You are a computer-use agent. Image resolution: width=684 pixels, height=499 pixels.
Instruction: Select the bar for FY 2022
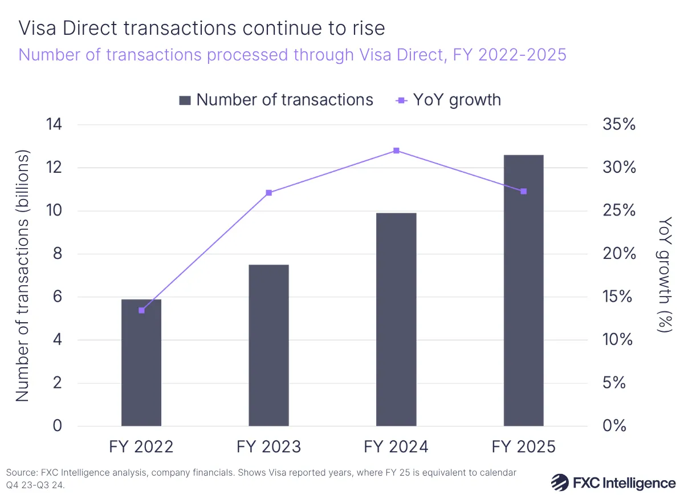point(141,363)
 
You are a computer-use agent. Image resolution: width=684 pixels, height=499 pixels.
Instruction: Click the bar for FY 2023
point(269,345)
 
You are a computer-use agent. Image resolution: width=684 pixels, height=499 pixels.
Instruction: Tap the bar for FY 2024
point(396,319)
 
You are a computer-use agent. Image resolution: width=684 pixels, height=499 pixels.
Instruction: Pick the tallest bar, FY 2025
point(523,290)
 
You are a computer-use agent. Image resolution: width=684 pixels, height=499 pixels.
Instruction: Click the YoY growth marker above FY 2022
point(141,310)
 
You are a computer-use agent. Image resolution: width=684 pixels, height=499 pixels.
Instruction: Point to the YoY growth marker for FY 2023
point(269,193)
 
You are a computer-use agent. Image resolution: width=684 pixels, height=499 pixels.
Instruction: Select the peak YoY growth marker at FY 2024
point(396,151)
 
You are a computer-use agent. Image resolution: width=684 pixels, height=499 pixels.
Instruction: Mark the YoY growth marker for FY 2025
point(523,191)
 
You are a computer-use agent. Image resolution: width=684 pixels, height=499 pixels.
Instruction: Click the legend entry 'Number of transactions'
point(276,100)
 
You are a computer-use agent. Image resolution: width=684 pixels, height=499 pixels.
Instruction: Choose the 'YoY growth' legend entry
point(448,100)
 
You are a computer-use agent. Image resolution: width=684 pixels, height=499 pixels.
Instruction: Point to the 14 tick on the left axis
point(68,125)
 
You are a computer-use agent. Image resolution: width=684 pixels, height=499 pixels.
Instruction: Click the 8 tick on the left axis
point(73,254)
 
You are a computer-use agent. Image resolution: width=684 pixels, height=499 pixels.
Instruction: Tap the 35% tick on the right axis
point(618,125)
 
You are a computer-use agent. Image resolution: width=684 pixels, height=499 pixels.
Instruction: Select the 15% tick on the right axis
point(618,297)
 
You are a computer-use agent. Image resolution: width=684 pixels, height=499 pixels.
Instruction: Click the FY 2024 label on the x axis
point(396,447)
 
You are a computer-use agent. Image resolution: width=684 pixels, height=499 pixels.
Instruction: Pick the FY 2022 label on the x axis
point(141,447)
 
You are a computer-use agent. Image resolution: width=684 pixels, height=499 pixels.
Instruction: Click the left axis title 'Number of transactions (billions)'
point(23,276)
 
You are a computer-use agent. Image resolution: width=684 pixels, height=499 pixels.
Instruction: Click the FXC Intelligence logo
point(613,482)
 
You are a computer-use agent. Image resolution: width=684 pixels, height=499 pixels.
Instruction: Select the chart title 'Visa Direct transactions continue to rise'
point(202,28)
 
